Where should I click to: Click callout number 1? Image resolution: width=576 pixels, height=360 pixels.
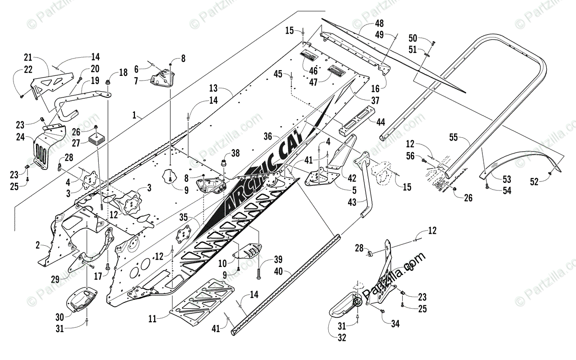point(135,116)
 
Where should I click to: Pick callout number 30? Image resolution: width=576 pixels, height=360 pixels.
point(60,317)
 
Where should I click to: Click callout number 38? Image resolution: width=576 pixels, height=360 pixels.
point(235,154)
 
